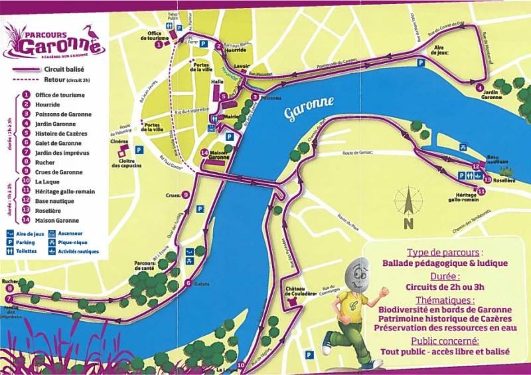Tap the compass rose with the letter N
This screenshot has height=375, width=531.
408,207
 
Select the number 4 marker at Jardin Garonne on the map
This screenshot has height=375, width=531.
479,87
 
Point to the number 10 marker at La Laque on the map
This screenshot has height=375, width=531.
240,364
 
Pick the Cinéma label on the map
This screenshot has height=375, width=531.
119,142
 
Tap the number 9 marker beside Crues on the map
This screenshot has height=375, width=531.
185,195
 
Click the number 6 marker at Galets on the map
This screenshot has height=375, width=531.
188,284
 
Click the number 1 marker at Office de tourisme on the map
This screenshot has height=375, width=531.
159,46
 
